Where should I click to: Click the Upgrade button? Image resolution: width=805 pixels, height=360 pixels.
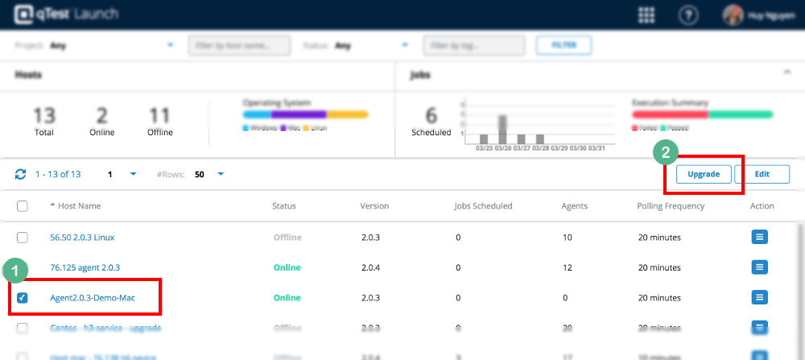point(704,174)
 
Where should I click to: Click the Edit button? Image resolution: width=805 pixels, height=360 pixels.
point(762,174)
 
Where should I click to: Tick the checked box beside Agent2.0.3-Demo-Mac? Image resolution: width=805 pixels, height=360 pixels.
point(23,298)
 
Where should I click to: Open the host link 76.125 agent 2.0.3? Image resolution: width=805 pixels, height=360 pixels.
point(85,267)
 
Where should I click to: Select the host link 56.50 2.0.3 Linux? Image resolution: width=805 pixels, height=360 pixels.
point(83,238)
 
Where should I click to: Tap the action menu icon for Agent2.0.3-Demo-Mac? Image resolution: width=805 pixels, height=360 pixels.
point(760,298)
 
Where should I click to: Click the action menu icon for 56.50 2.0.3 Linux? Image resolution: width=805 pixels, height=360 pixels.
point(760,238)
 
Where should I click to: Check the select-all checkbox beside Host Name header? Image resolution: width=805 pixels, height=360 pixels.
point(23,206)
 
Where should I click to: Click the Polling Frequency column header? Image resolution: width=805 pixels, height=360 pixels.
point(671,206)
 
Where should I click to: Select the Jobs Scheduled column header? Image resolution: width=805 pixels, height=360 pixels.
point(483,206)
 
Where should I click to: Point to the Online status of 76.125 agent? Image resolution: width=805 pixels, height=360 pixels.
point(287,267)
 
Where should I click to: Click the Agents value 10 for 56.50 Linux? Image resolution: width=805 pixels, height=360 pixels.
point(566,238)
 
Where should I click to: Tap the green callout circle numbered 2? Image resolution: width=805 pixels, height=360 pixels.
point(666,151)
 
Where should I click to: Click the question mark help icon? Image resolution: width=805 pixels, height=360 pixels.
point(688,14)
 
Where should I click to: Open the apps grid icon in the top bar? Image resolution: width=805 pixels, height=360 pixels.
point(646,14)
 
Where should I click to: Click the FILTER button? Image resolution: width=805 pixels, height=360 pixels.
point(563,46)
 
